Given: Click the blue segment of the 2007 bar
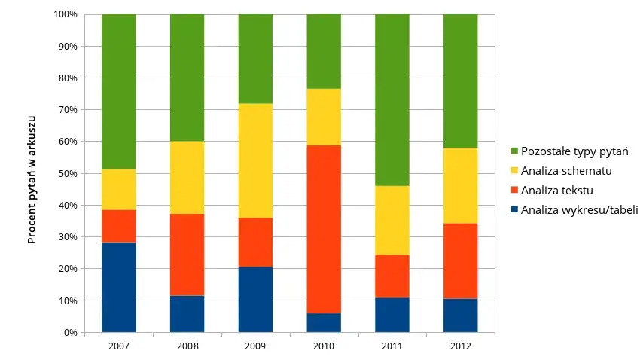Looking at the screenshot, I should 119,287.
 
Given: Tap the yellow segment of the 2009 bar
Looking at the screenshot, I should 255,160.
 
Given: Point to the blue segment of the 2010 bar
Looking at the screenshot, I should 324,322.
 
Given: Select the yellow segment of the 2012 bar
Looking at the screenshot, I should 461,185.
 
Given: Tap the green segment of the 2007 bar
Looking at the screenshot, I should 119,91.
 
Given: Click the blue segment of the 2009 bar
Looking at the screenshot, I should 255,299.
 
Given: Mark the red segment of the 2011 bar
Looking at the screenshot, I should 392,276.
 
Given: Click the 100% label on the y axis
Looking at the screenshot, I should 66,14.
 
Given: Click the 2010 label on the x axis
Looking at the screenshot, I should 324,346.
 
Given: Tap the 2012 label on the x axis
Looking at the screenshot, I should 461,346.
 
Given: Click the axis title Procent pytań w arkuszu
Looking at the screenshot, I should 32,179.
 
